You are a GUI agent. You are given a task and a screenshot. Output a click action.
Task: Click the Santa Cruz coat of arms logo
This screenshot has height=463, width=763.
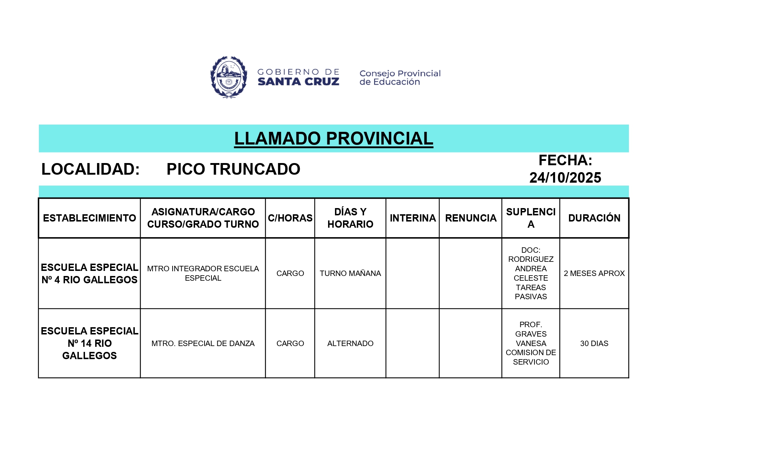229,77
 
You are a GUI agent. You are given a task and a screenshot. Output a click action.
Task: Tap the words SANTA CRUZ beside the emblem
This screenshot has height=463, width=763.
298,82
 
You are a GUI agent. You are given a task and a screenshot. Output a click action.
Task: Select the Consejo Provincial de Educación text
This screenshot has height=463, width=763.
400,78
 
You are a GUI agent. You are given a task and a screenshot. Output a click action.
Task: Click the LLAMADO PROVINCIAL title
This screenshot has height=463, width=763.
334,138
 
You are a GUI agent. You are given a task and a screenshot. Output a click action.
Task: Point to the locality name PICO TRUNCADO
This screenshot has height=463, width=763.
233,169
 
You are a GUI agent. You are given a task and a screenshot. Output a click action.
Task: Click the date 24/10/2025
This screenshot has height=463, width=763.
565,178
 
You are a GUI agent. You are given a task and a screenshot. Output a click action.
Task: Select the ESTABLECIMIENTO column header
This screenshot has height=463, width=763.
89,218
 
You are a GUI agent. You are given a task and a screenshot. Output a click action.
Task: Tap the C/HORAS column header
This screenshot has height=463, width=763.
290,218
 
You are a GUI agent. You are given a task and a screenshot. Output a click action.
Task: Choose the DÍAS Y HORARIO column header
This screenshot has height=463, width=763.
350,218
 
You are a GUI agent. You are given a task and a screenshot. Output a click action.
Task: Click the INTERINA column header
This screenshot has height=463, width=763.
413,218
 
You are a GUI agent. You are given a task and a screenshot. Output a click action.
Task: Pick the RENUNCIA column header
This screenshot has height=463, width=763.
471,218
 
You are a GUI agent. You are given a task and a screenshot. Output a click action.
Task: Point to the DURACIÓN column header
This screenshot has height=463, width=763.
594,218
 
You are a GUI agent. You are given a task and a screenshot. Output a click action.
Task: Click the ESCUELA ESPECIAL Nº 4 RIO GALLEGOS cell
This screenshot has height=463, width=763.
89,273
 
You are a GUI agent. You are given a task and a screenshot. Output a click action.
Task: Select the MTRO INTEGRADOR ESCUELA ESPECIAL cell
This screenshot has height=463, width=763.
203,273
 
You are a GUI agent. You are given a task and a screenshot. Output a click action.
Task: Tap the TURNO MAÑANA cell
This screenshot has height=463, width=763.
350,273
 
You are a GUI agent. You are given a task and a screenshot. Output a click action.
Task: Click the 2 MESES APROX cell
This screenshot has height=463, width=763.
594,273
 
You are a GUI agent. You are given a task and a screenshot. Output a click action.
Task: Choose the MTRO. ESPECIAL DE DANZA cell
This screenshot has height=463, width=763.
203,344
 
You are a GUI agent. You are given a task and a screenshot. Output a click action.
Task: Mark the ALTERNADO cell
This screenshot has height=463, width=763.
350,344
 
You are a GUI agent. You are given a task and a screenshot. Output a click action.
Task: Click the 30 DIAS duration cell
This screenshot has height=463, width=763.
594,344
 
